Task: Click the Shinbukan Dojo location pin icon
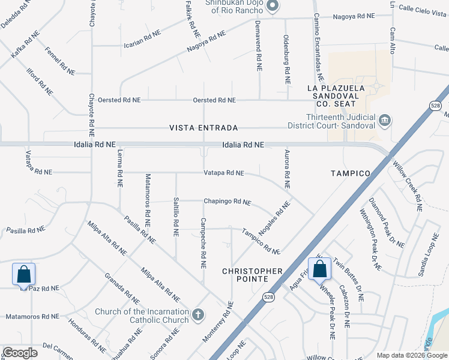point(273,6)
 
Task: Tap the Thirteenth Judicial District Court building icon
point(384,121)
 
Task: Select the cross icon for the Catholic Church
point(197,314)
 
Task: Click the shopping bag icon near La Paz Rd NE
point(23,274)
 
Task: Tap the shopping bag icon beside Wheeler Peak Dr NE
point(320,269)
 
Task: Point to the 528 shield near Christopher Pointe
point(268,297)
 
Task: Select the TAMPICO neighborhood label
point(351,173)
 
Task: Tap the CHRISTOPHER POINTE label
point(252,276)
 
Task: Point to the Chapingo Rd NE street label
point(226,202)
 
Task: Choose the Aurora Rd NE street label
point(288,170)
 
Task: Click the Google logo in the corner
point(20,353)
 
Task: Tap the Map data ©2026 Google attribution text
point(411,355)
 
